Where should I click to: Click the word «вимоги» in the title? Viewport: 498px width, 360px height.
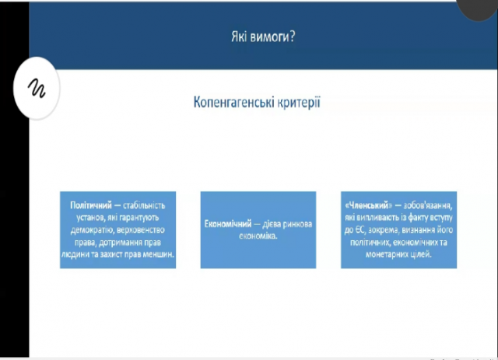269,37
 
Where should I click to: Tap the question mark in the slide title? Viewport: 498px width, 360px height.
293,37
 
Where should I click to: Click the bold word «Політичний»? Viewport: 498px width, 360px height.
91,205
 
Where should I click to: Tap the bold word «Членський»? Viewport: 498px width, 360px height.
369,205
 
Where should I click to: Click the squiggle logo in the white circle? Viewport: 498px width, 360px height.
37,88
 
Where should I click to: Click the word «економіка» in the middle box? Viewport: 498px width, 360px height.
258,236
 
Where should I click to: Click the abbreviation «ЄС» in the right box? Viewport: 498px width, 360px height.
360,230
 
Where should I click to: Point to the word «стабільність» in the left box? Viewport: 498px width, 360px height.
144,205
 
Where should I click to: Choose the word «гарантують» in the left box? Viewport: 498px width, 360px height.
139,218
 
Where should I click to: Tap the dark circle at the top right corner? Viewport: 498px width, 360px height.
478,8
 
